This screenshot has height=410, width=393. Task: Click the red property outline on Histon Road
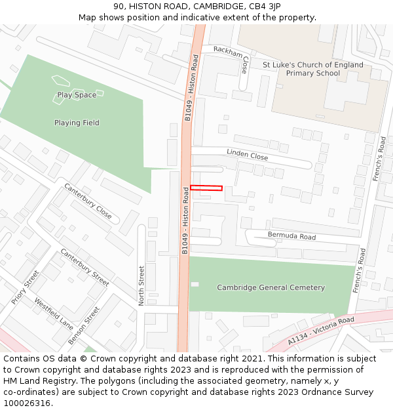[206, 188]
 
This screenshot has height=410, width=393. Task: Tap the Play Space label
[77, 95]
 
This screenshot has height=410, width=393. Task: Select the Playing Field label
[77, 123]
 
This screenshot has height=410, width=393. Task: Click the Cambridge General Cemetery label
[271, 287]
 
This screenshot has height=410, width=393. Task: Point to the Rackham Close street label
[245, 64]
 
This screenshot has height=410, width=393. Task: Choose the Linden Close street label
[247, 155]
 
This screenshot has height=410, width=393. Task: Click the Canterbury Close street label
[88, 201]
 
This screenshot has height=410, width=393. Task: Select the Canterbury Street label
[84, 266]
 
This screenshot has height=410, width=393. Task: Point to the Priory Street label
[26, 289]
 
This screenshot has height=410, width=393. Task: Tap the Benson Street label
[84, 326]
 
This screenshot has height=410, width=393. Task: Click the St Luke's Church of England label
[312, 65]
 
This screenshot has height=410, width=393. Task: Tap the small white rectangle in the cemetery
[195, 284]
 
